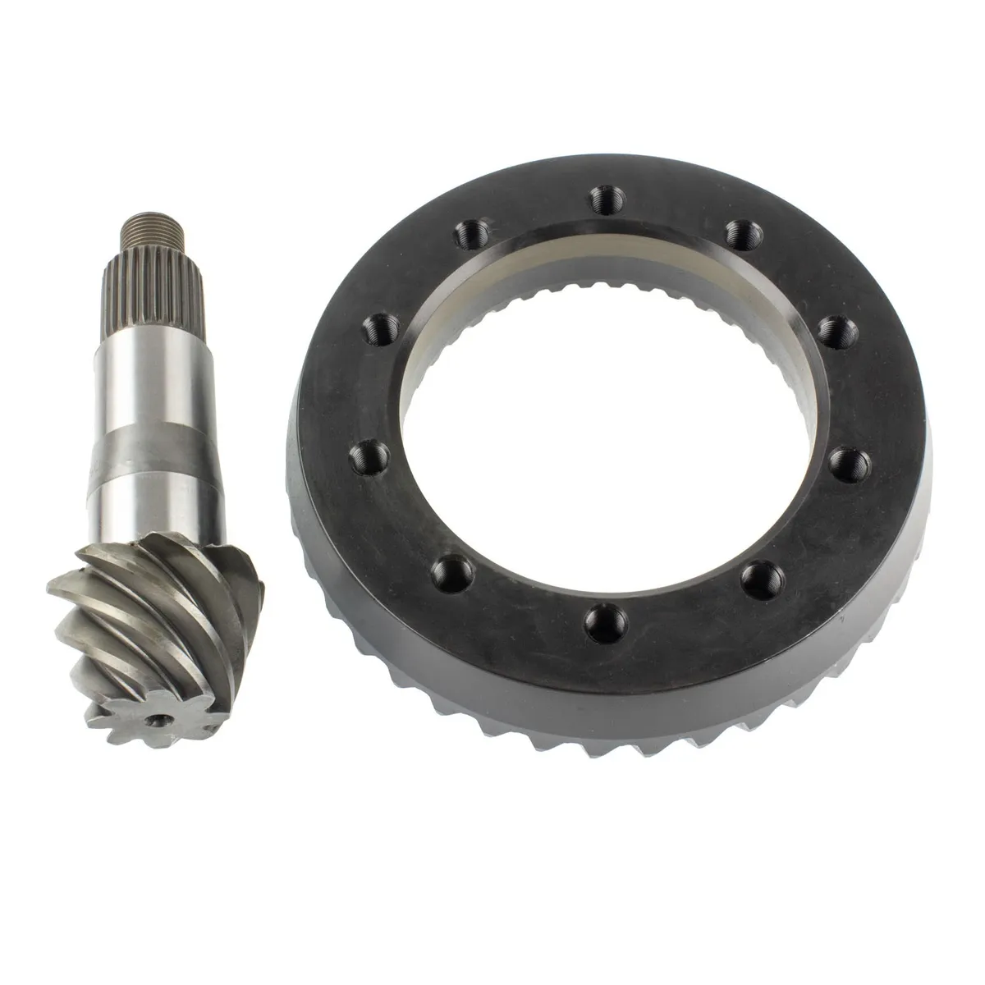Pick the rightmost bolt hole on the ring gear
[x=841, y=456]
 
